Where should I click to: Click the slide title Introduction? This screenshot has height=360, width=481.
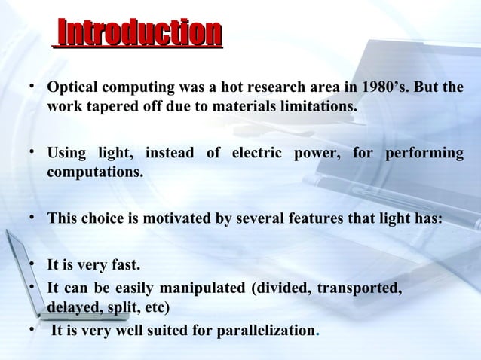139,35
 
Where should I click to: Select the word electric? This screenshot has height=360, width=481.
250,154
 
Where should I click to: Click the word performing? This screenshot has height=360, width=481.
424,154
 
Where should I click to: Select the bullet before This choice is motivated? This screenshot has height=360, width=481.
32,218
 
